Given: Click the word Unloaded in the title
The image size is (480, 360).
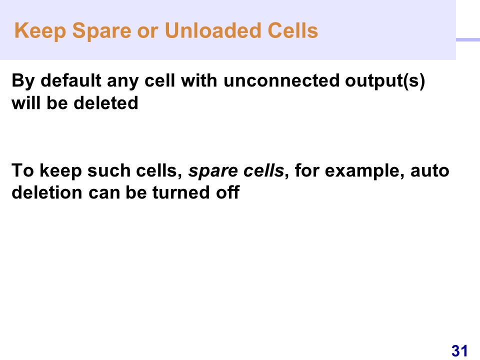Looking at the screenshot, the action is [213, 30].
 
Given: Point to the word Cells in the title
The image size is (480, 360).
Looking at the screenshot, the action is [292, 30].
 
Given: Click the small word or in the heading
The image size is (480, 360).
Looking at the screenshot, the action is [148, 33].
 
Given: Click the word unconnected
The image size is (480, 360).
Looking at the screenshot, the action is [281, 81].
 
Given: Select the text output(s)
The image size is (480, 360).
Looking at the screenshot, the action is [385, 81].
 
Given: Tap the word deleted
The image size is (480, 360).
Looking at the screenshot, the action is [106, 103].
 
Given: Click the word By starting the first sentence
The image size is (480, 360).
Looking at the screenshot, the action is [23, 81].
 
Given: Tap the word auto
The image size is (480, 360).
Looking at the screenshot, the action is [430, 171].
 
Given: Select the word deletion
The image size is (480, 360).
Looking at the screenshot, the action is [47, 193].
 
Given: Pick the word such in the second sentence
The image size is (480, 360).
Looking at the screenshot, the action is [109, 171].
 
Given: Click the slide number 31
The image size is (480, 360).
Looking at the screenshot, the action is [459, 351].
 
